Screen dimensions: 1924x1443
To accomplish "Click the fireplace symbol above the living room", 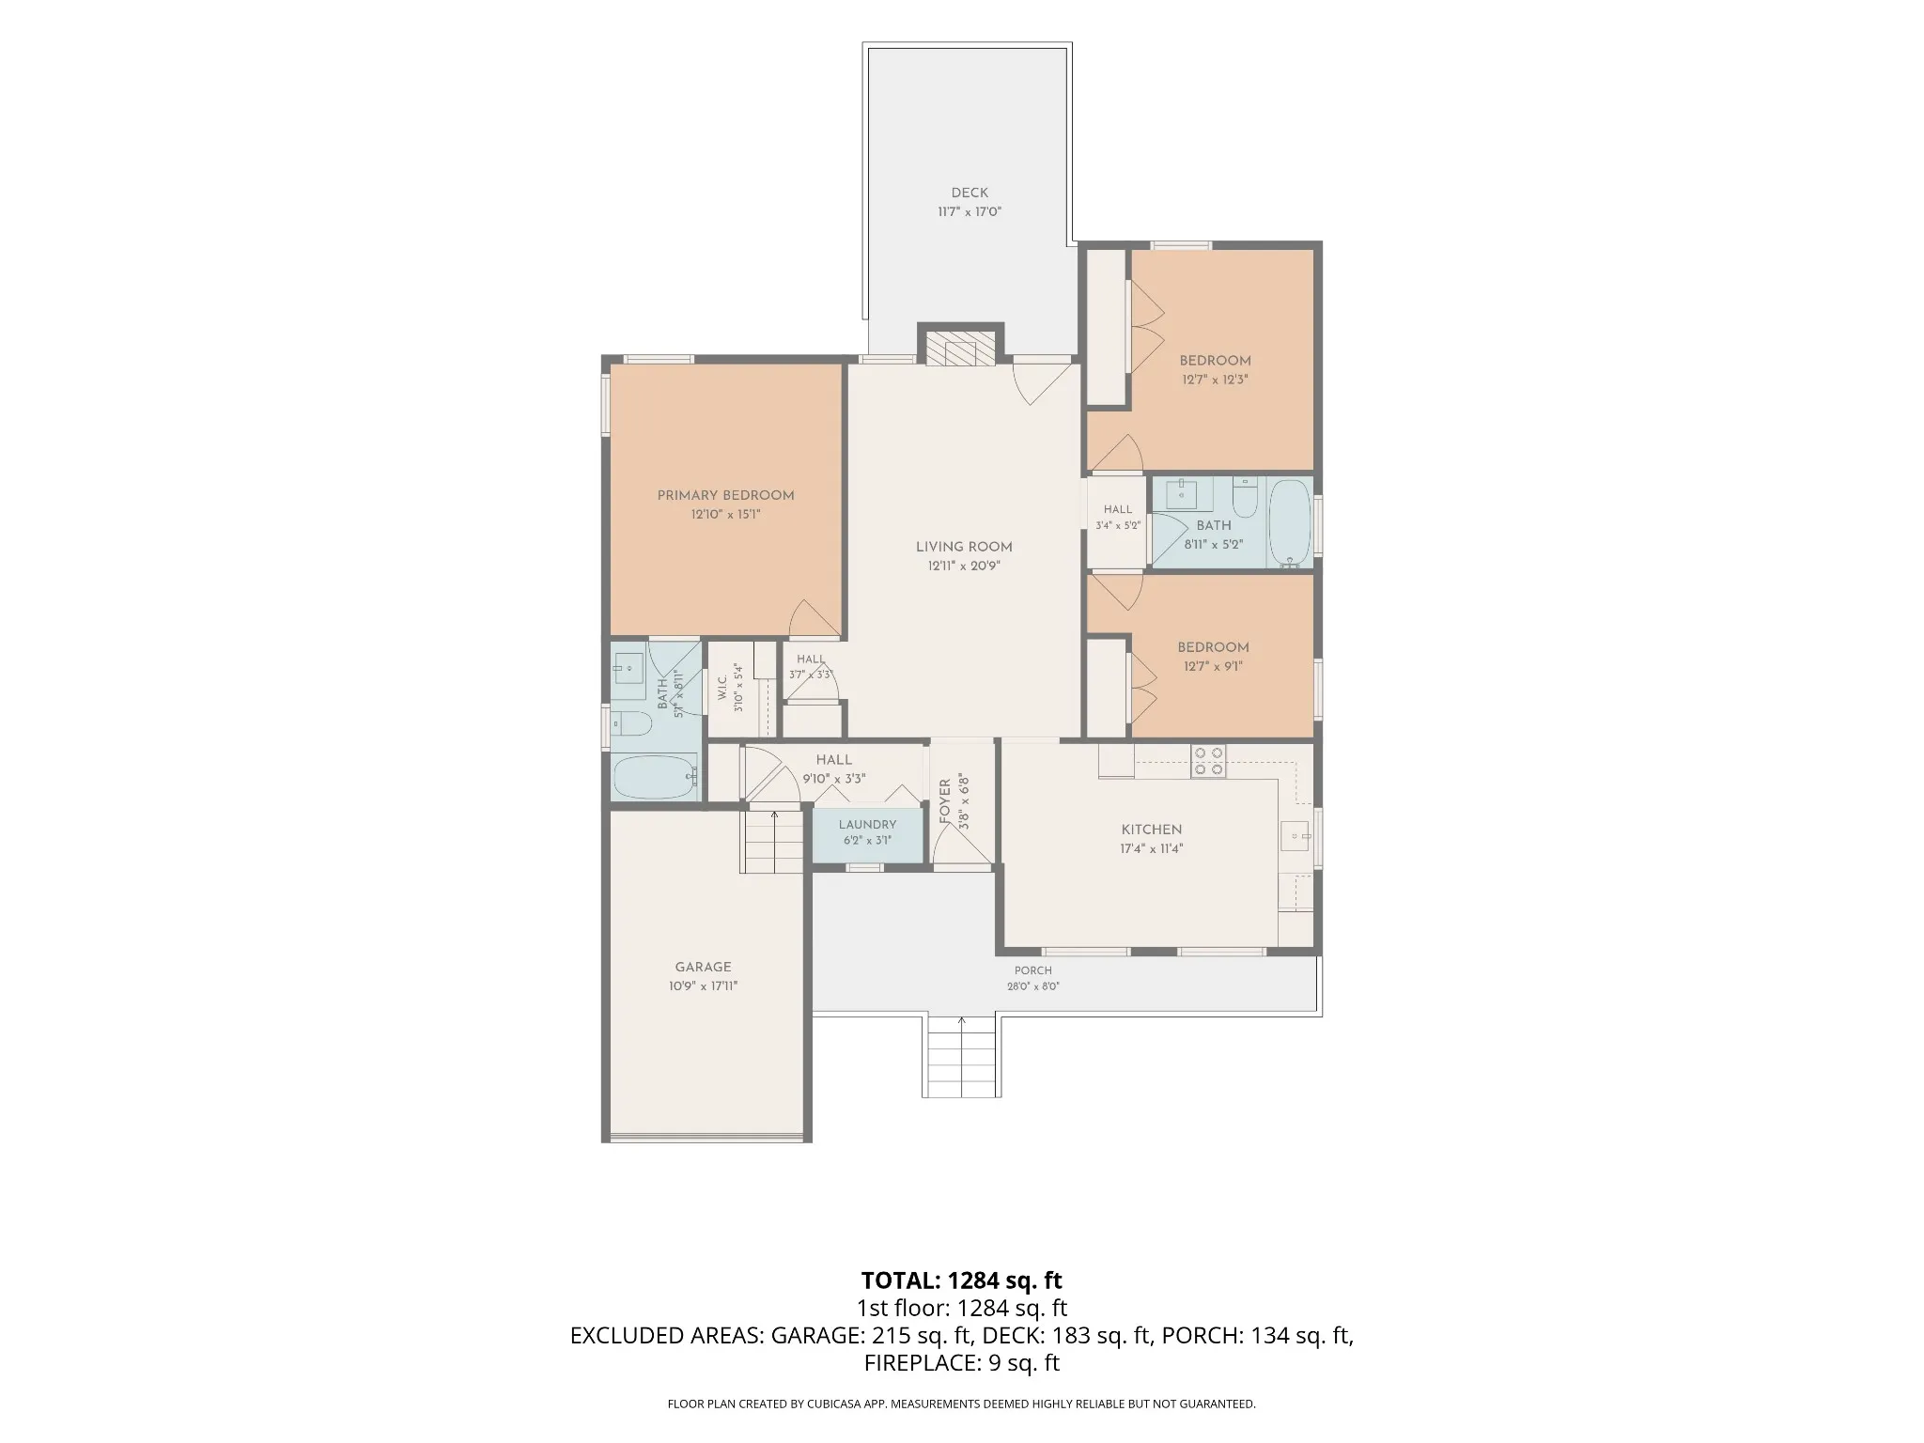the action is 960,347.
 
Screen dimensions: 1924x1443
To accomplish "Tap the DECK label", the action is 970,193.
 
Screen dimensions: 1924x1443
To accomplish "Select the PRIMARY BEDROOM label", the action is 725,495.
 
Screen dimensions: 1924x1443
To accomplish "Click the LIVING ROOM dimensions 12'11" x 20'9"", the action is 964,566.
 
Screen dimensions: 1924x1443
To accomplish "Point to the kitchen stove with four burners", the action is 1208,761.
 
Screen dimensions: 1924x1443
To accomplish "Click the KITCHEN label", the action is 1152,830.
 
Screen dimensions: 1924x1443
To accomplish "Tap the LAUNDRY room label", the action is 867,824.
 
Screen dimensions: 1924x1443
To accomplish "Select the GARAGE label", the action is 703,967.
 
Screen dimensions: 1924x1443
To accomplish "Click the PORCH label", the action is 1032,970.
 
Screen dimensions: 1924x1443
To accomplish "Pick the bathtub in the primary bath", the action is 655,777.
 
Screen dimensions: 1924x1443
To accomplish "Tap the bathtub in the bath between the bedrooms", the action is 1291,523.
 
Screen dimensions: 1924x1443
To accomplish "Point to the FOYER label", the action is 945,801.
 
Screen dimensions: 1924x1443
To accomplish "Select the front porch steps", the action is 961,1056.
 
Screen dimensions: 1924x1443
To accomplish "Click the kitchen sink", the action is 1296,834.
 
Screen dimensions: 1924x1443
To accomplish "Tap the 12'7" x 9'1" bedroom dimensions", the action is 1212,667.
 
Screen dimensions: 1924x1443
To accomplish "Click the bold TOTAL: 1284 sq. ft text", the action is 961,1280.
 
